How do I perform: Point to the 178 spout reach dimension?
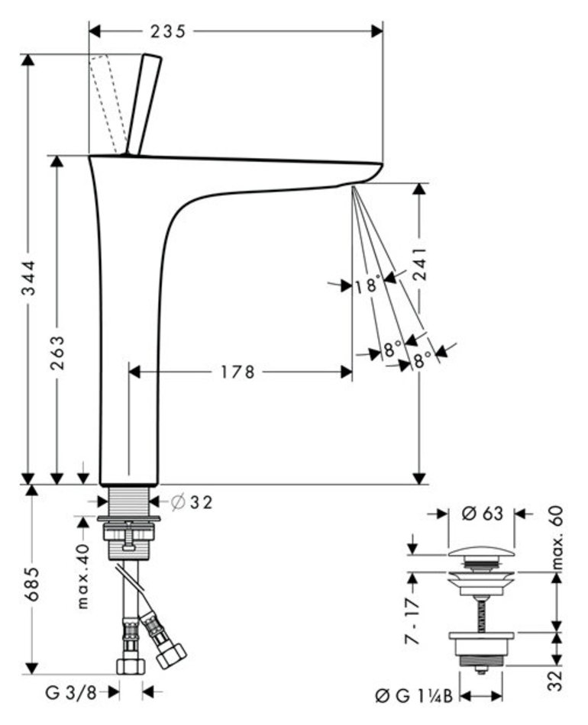click(237, 372)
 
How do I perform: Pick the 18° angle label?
click(367, 285)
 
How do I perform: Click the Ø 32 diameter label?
click(190, 501)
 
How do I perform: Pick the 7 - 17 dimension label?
click(412, 610)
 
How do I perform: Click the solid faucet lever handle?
click(146, 103)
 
